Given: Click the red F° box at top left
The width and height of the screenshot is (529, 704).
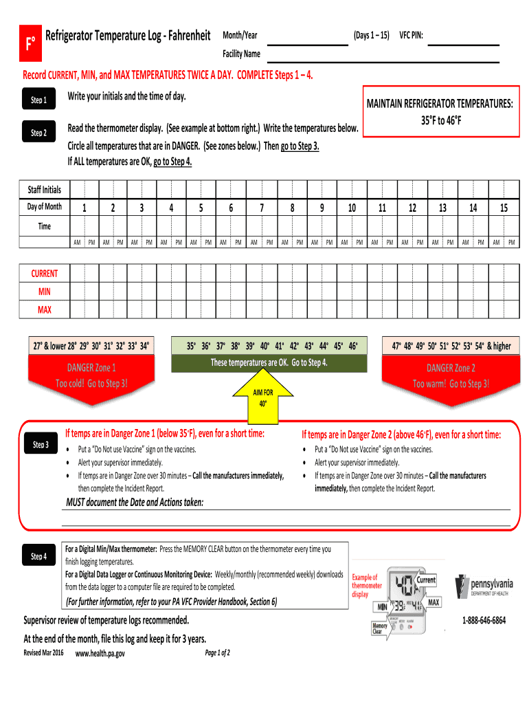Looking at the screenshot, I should coord(30,45).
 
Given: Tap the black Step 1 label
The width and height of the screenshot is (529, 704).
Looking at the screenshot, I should coord(38,101).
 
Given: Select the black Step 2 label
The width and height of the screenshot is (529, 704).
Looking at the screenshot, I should coord(38,133).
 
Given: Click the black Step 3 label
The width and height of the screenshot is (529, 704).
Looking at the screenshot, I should coord(41,445).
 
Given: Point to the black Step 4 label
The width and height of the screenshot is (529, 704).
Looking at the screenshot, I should coord(38,555).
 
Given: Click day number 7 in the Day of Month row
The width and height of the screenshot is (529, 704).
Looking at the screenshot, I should coord(262,208).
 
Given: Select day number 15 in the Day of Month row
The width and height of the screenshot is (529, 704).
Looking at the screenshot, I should coord(504,208).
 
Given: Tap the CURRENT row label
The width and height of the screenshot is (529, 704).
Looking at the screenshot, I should coord(45,273).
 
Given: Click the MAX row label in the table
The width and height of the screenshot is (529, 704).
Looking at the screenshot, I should coord(45,310).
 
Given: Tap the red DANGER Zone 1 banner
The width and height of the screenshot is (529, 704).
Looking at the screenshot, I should coord(91,375).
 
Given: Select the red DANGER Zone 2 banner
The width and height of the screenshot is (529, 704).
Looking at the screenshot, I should coord(451,375).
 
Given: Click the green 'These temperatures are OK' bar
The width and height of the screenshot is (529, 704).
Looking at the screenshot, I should coord(269,363).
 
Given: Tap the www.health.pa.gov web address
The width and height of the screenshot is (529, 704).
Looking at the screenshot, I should coord(100,653).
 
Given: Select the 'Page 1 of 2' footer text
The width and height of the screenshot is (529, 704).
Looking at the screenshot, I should coord(218,652).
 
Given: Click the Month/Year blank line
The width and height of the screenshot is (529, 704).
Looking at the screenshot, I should coord(306,45).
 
